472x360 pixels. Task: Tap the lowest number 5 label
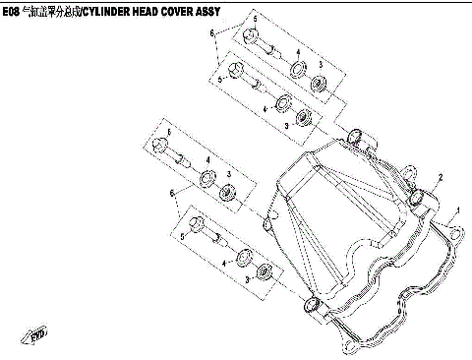(183, 237)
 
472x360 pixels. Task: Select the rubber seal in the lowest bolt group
(262, 272)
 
